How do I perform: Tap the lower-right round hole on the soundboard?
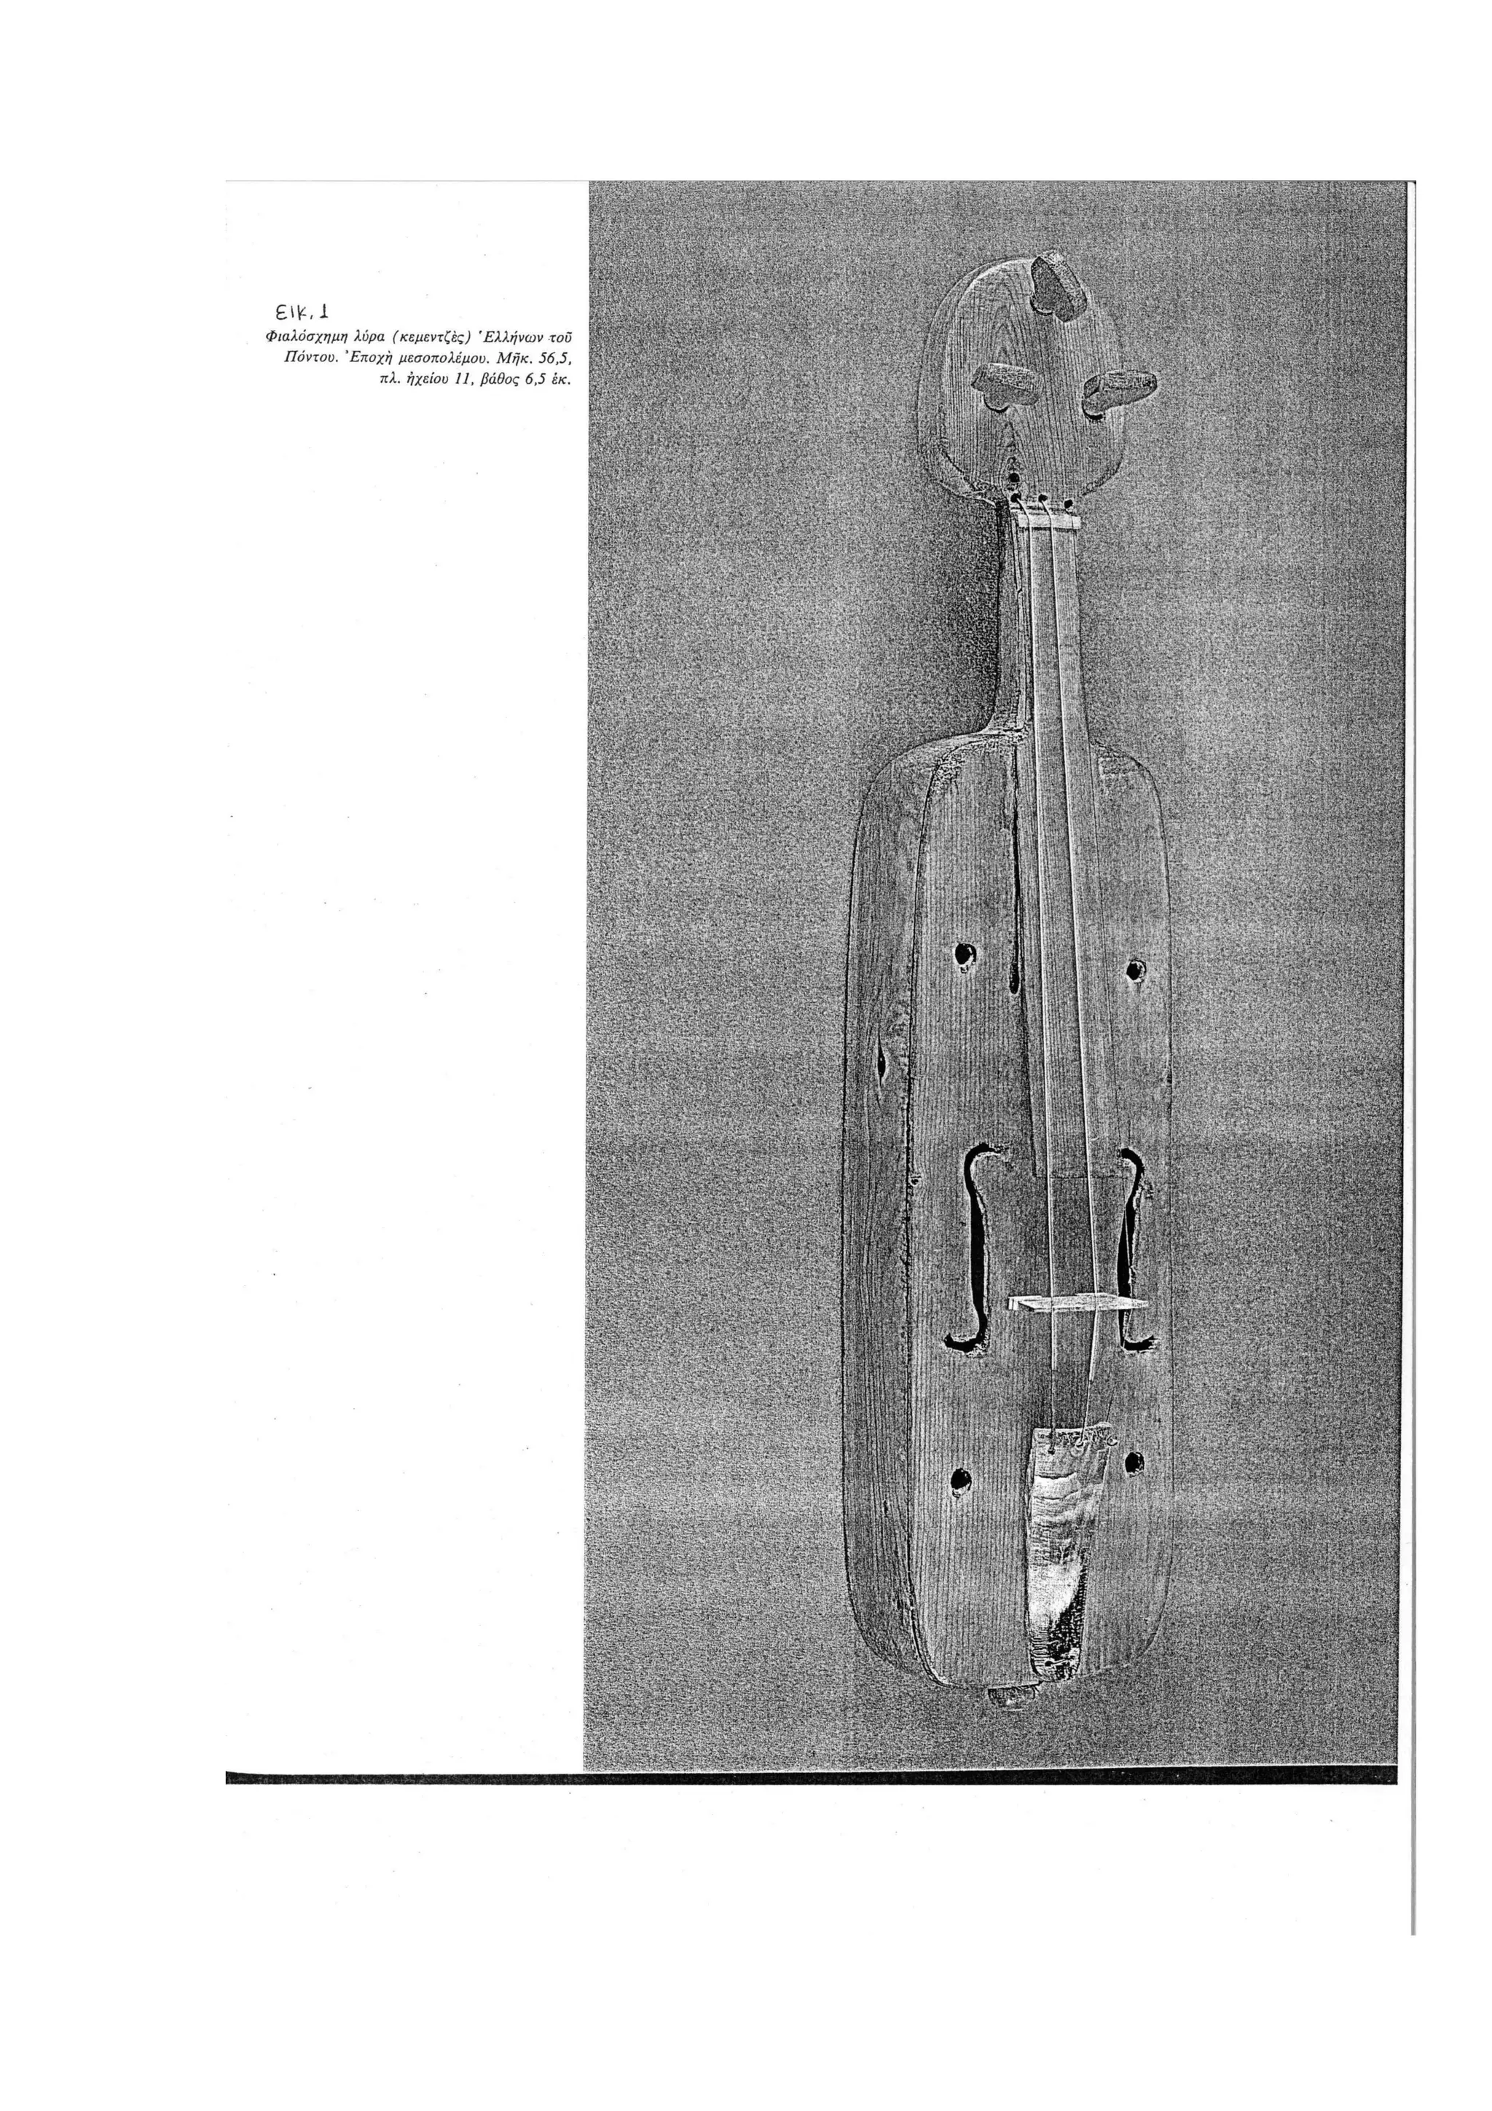coord(1134,1462)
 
